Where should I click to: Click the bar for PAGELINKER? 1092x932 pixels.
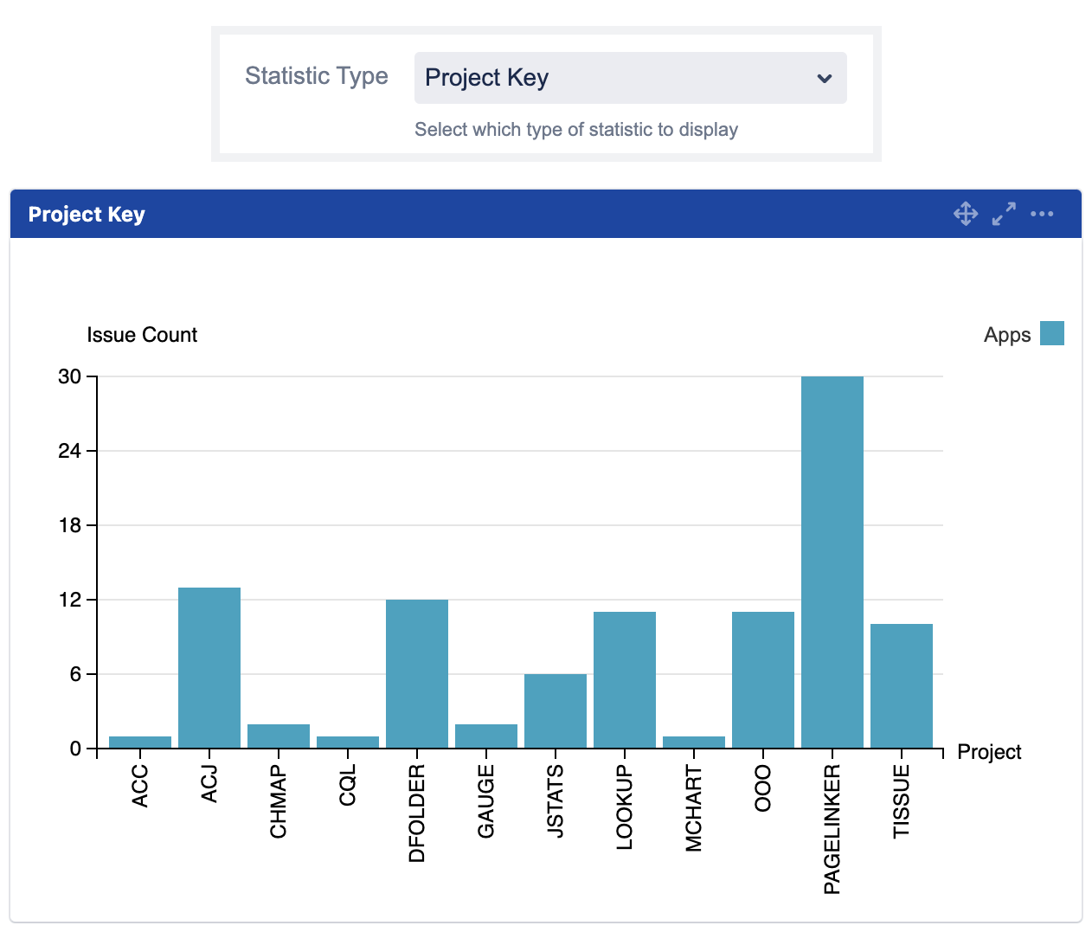tap(832, 562)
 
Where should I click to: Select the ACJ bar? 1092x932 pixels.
tap(209, 667)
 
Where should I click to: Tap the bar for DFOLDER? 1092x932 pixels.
tap(417, 673)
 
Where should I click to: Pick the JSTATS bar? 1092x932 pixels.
tap(556, 710)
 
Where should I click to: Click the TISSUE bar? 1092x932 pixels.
tap(901, 685)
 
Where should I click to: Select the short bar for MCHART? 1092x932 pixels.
tap(693, 742)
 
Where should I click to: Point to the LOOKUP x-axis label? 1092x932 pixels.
tap(625, 807)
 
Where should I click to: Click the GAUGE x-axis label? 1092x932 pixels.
tap(486, 801)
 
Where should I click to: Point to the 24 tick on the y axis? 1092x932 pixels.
tap(69, 451)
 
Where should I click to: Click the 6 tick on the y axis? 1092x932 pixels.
tap(75, 674)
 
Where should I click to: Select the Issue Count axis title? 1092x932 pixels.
tap(142, 335)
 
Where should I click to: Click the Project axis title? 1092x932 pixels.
tap(989, 752)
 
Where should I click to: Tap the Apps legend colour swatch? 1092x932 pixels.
tap(1051, 333)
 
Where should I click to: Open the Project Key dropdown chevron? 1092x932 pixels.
tap(824, 79)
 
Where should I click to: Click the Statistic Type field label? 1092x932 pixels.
tap(316, 76)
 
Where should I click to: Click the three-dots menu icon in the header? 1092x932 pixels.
tap(1042, 214)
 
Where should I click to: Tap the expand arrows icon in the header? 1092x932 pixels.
tap(1004, 214)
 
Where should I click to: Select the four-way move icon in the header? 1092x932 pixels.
tap(966, 214)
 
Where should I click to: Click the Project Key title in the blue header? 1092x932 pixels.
tap(87, 215)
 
